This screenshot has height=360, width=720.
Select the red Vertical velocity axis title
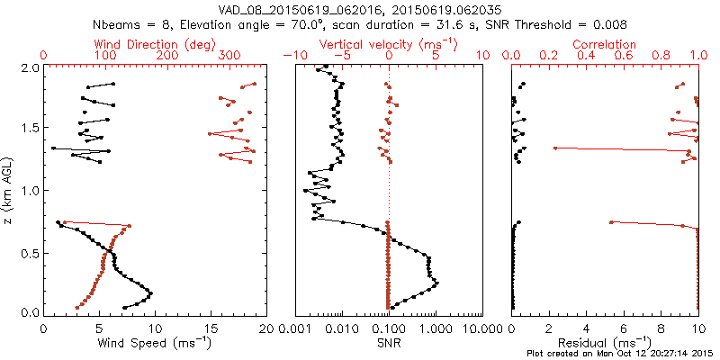pyautogui.click(x=388, y=44)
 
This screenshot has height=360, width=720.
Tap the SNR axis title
pyautogui.click(x=388, y=342)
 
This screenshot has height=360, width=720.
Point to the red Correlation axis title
pyautogui.click(x=605, y=44)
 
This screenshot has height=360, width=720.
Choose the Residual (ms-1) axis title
pyautogui.click(x=605, y=342)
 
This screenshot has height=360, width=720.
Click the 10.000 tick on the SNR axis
pyautogui.click(x=482, y=328)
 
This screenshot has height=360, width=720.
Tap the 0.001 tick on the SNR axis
pyautogui.click(x=295, y=328)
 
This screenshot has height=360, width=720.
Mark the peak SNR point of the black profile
pyautogui.click(x=437, y=283)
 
